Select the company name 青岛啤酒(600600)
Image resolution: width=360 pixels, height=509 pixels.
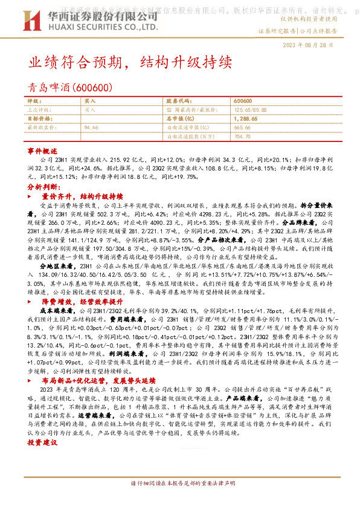71,88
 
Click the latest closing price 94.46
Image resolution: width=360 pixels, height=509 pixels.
91,128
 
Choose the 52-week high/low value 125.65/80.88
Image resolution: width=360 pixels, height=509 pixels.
251,110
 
